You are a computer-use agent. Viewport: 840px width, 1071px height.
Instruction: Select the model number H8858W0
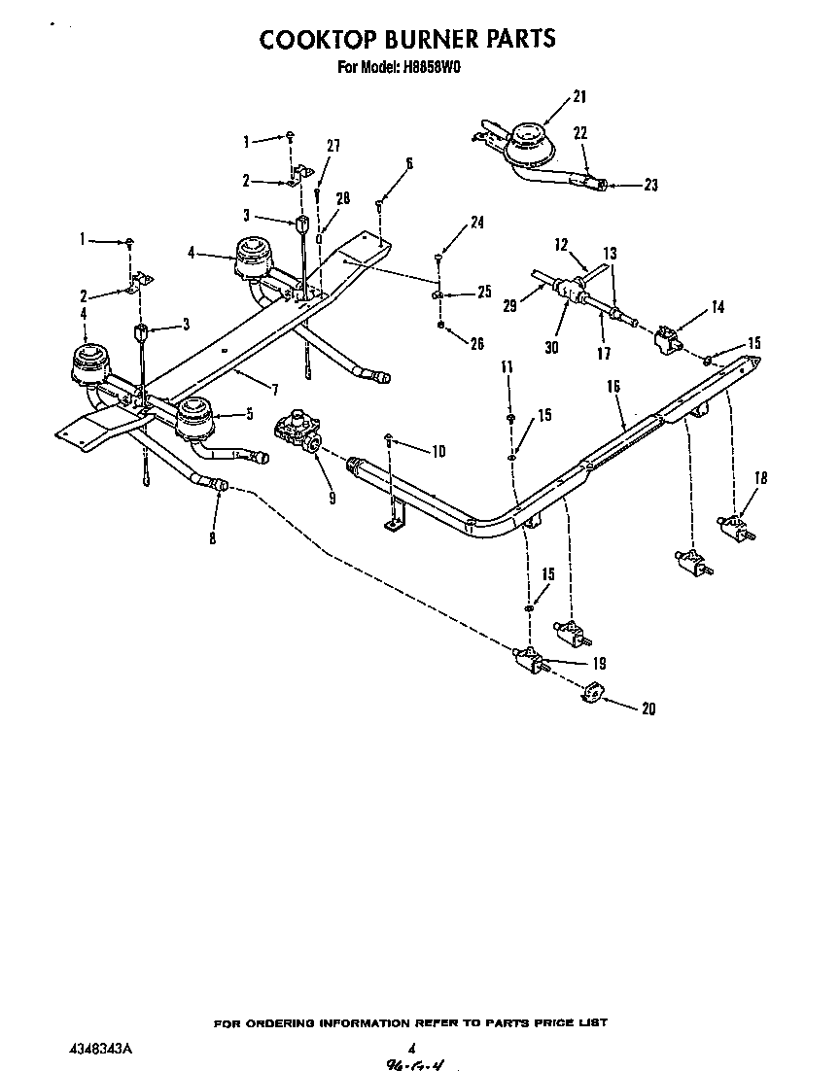point(435,68)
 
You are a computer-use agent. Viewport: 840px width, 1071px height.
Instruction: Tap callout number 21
point(579,96)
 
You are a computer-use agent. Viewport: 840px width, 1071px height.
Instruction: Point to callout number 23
point(650,185)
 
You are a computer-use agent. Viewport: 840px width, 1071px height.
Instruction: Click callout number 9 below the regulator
point(332,498)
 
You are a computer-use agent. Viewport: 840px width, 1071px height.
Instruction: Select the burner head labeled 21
point(530,140)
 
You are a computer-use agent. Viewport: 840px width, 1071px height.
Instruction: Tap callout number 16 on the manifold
point(612,386)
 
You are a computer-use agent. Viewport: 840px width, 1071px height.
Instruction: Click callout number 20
point(647,708)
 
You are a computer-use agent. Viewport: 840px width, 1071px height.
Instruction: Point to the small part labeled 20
point(592,693)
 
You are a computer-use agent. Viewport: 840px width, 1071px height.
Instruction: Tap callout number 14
point(717,307)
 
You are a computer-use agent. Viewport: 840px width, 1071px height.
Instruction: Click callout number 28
point(341,198)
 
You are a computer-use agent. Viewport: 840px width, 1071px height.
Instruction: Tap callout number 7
point(275,390)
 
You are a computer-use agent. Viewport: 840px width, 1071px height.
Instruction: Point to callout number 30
point(551,346)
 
